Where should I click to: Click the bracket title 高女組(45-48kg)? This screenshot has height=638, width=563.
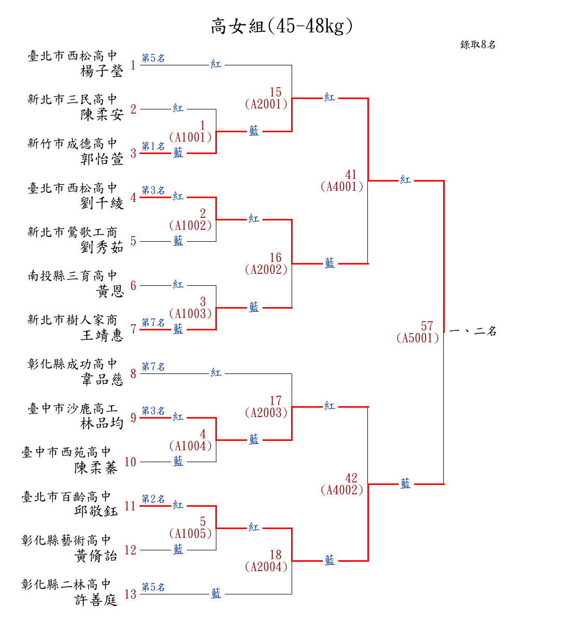coord(281,26)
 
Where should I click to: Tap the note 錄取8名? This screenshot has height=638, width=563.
coord(478,45)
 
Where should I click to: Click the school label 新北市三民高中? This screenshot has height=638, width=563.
coord(73,100)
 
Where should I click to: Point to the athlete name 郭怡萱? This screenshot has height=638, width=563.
coord(102,159)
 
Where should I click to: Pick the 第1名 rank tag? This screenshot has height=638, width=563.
coord(153,147)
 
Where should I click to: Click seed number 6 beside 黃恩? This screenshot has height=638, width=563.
coord(133,285)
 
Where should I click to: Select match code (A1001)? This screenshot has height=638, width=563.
coord(190,137)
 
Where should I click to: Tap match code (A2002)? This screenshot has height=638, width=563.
coord(266,270)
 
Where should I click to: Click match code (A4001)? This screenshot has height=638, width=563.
coord(342,187)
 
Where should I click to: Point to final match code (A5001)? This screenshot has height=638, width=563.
coord(418,338)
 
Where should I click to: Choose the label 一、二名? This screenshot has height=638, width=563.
coord(473,331)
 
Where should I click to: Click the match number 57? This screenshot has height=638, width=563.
coord(427,326)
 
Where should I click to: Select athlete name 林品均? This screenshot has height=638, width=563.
coord(102,423)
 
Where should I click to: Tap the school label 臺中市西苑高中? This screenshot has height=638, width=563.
coord(66,452)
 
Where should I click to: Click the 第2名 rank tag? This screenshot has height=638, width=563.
coord(153,499)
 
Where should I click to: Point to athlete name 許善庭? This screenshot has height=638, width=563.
coord(96,600)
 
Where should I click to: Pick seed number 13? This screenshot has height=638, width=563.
coord(130,594)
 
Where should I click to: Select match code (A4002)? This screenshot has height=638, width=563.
coord(342,490)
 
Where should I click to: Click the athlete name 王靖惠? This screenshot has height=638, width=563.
coord(102,335)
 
